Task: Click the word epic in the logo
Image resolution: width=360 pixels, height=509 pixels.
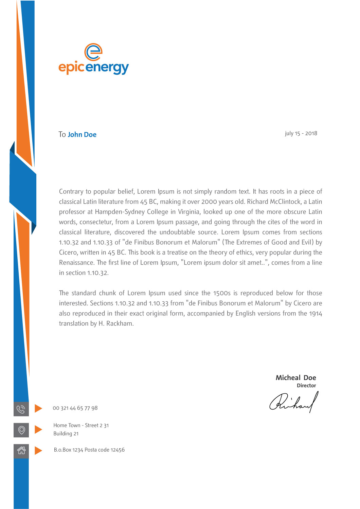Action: coord(71,67)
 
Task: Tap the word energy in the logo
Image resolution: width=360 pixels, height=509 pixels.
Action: coord(107,68)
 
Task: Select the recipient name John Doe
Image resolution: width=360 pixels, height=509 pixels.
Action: coord(82,135)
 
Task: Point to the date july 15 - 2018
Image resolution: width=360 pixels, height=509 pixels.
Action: coord(301,133)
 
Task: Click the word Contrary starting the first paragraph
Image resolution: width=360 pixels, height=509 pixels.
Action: coord(71,192)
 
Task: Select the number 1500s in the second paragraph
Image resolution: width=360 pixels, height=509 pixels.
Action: coord(222,293)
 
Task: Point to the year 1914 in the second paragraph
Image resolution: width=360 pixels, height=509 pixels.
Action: coord(316,314)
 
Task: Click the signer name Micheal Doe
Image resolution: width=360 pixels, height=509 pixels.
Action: coord(296,378)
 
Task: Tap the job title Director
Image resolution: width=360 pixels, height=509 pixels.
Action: coord(306,385)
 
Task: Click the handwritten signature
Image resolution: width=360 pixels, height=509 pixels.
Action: coord(294,402)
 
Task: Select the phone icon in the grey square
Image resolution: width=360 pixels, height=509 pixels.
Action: coord(21,409)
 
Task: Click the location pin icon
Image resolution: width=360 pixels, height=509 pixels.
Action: coord(21,430)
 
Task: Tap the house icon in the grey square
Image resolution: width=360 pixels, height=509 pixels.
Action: coord(21,451)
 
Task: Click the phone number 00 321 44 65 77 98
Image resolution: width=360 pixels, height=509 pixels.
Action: coord(75,408)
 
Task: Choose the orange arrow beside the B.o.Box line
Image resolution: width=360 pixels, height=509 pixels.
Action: coord(38,451)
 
